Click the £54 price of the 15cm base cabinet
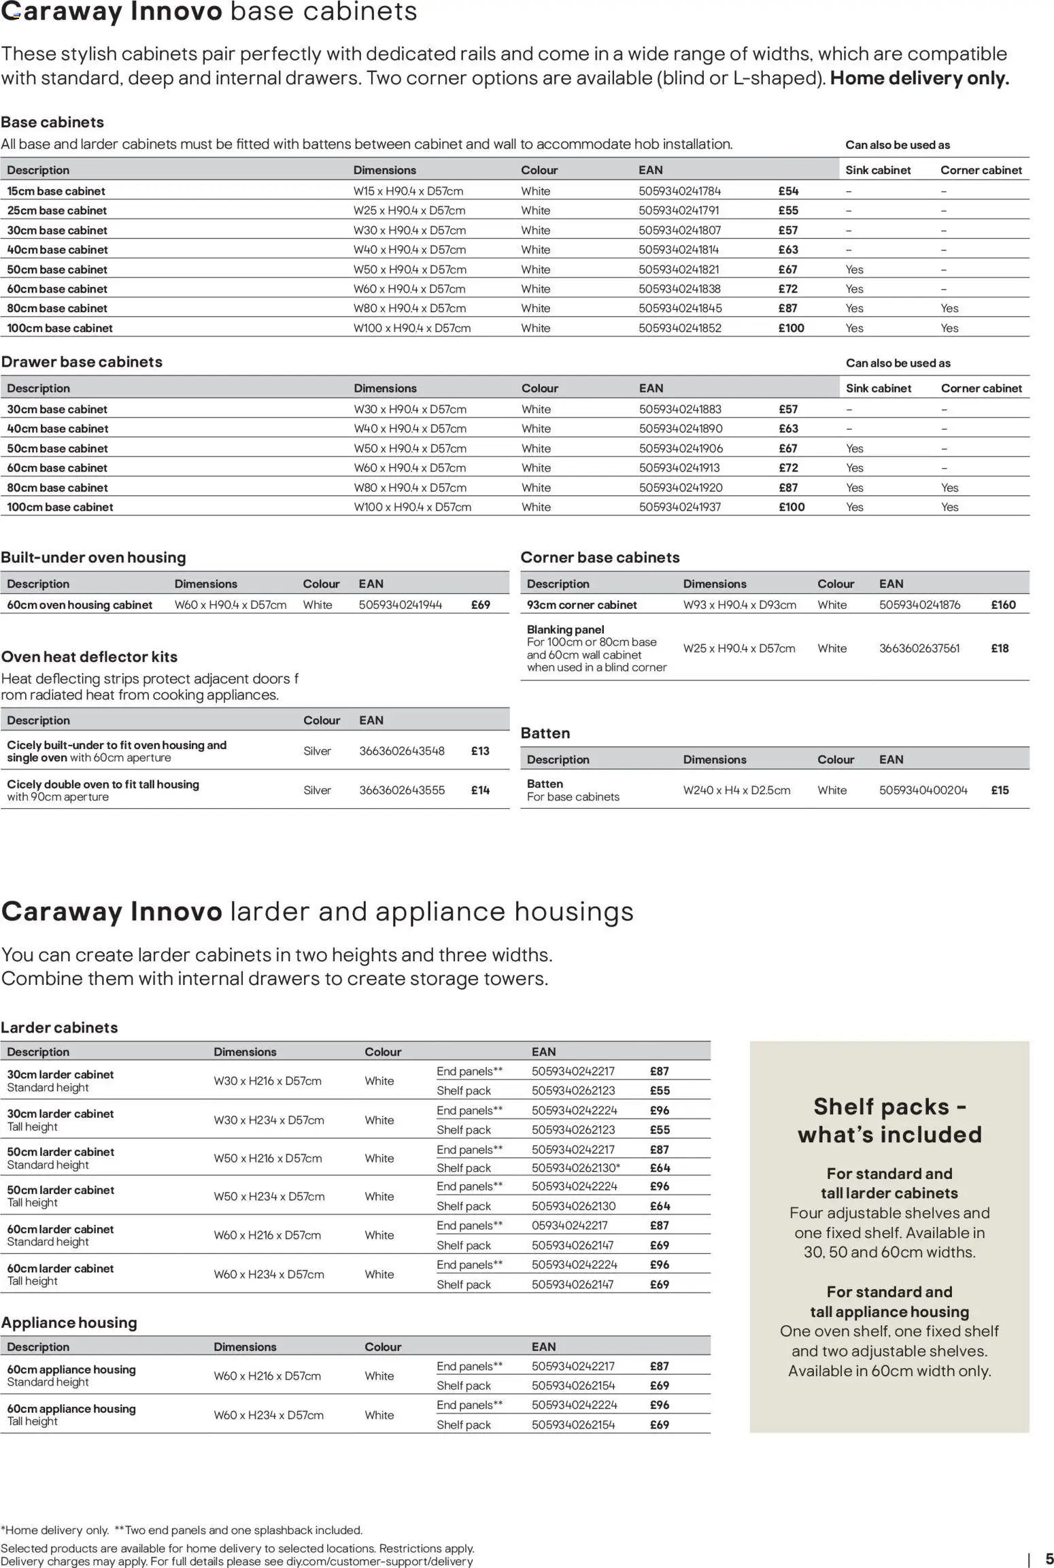tap(788, 191)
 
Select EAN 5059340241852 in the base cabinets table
tap(680, 328)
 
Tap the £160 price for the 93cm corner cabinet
tap(1003, 605)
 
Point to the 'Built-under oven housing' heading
tap(93, 557)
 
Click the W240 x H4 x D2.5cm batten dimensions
tap(736, 790)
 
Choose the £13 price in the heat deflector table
tap(480, 751)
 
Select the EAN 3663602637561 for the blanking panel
tap(919, 648)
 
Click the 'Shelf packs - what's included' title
tap(889, 1120)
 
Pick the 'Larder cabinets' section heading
tap(59, 1027)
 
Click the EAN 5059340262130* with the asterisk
tap(576, 1168)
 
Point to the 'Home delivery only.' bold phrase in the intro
tap(919, 78)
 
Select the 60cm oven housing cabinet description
tap(80, 605)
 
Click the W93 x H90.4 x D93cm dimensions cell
tap(739, 605)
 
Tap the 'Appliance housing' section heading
tap(69, 1322)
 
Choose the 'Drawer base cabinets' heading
tap(82, 362)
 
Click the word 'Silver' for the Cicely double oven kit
tap(317, 790)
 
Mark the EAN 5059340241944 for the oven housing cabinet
tap(401, 605)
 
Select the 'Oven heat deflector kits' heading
tap(89, 657)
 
